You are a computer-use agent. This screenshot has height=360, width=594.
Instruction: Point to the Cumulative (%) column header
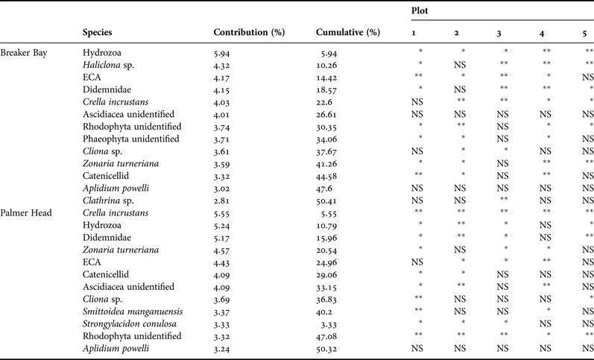point(347,33)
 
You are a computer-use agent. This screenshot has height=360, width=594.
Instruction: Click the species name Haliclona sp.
point(110,66)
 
